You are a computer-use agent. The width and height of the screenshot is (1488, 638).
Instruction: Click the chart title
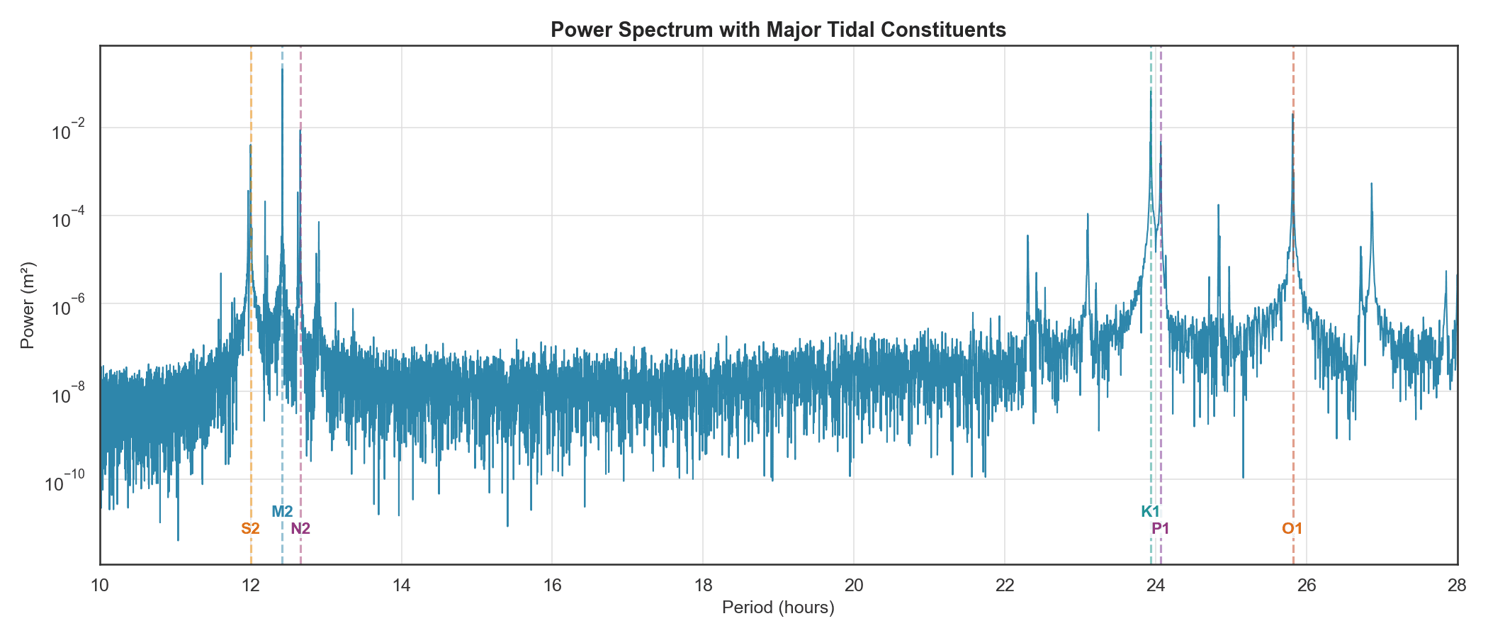click(x=778, y=30)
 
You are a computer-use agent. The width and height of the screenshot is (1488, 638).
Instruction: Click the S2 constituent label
click(x=250, y=528)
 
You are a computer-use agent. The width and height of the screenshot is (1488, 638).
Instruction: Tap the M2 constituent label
click(x=282, y=511)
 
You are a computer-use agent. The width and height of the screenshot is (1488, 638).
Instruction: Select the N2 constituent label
click(x=301, y=528)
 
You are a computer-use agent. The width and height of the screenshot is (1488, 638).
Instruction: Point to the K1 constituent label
click(x=1150, y=511)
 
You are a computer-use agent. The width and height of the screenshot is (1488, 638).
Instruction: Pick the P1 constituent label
click(x=1161, y=528)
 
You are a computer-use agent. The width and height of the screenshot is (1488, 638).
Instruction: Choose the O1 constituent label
click(x=1292, y=528)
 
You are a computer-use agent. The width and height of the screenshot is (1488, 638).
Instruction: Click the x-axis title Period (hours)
click(x=778, y=608)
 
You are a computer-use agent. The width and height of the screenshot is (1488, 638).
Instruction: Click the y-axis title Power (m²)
click(x=28, y=306)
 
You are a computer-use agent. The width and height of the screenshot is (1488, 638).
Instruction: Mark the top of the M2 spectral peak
click(x=282, y=69)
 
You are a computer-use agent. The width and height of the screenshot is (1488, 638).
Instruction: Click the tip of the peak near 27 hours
click(x=1371, y=184)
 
